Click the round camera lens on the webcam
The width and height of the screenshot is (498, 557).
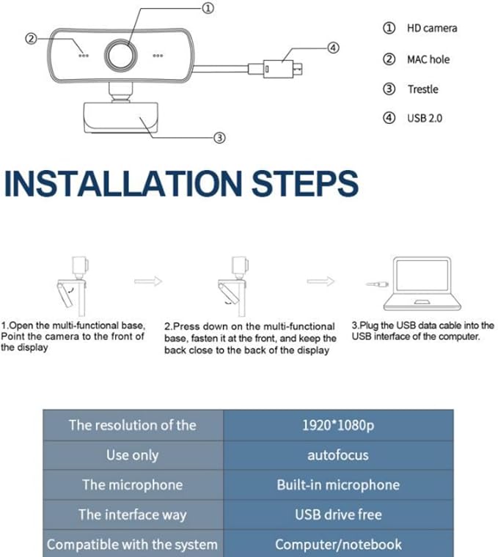pyautogui.click(x=121, y=55)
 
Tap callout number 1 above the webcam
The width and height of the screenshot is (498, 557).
pyautogui.click(x=208, y=8)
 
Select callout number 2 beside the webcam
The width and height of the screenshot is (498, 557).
pyautogui.click(x=32, y=38)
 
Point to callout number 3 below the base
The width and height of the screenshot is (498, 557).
pyautogui.click(x=219, y=138)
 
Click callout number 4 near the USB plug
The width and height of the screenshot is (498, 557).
pyautogui.click(x=333, y=48)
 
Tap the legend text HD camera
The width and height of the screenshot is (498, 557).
pyautogui.click(x=432, y=28)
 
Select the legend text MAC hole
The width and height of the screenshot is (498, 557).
pyautogui.click(x=428, y=59)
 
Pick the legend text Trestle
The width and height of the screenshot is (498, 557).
pyautogui.click(x=422, y=89)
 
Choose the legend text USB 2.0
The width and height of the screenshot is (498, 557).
pyautogui.click(x=425, y=118)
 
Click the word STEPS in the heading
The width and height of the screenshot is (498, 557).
pyautogui.click(x=305, y=183)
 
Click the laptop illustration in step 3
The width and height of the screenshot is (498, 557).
pyautogui.click(x=422, y=284)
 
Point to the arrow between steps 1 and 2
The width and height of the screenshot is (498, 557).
pyautogui.click(x=148, y=281)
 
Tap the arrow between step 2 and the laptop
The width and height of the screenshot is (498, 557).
pyautogui.click(x=321, y=281)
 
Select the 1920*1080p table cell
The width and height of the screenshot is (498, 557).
pyautogui.click(x=338, y=425)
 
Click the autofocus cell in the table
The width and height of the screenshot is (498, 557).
pyautogui.click(x=338, y=455)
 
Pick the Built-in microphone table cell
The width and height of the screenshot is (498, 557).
pyautogui.click(x=338, y=485)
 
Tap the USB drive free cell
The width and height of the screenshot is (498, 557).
pyautogui.click(x=338, y=514)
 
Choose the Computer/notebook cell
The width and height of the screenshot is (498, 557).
pyautogui.click(x=338, y=544)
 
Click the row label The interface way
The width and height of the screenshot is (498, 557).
pyautogui.click(x=133, y=514)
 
